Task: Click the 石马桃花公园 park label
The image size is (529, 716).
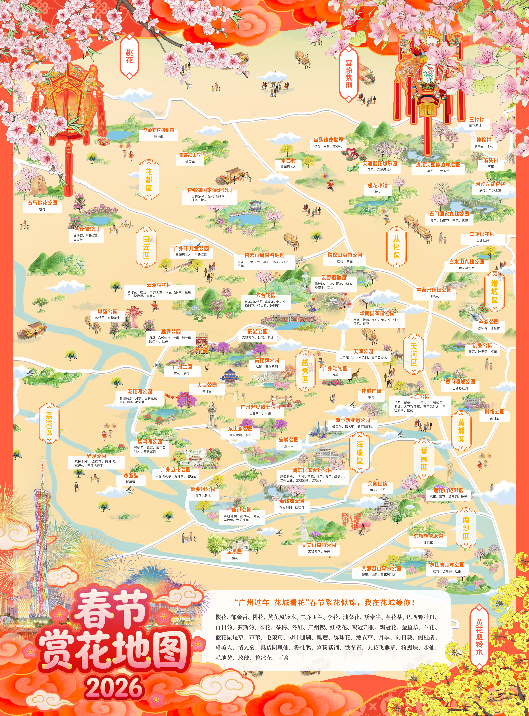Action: [42, 203]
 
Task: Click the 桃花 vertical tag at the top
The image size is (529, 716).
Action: [129, 57]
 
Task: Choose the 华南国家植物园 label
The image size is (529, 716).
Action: [377, 313]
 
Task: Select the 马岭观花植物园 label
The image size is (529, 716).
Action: [159, 130]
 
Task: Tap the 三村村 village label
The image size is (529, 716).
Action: [476, 119]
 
